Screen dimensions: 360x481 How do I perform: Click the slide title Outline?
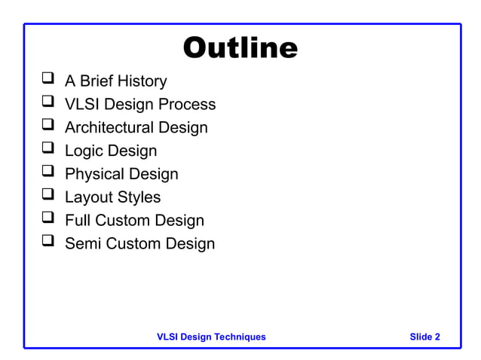(240, 48)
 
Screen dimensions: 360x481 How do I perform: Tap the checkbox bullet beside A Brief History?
(48, 79)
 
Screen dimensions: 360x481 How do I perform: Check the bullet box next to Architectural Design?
(48, 126)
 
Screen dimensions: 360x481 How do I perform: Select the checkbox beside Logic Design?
(48, 149)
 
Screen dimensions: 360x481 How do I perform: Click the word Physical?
(94, 174)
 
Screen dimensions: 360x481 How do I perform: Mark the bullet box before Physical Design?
(48, 172)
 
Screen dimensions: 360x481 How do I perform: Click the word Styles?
(139, 197)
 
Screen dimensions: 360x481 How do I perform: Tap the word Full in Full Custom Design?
(78, 221)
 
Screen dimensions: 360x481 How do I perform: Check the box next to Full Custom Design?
(48, 219)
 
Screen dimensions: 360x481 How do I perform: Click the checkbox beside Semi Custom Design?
(48, 243)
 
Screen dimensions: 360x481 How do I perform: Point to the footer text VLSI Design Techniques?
(211, 337)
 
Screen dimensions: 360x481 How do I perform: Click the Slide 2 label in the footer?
(424, 337)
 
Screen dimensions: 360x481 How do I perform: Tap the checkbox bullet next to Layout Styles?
(48, 196)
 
